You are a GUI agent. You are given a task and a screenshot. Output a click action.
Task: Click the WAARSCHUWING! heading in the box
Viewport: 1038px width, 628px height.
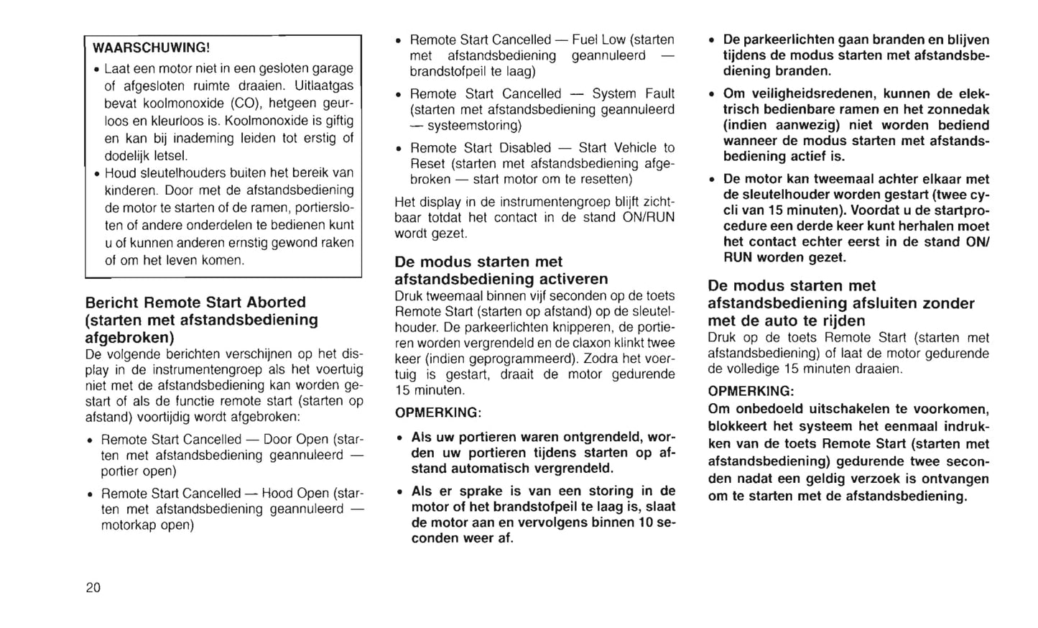click(x=151, y=48)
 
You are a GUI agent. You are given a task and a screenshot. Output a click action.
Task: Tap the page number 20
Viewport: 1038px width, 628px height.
click(x=93, y=588)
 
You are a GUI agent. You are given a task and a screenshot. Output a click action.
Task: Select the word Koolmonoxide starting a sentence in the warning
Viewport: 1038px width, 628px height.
click(x=262, y=120)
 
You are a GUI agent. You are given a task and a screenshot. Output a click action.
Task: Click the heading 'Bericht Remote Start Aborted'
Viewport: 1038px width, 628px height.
click(x=195, y=303)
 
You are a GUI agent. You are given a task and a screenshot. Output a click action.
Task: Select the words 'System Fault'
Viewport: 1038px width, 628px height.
click(x=633, y=94)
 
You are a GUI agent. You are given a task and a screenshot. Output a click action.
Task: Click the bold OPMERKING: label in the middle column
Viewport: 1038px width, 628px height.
click(x=437, y=413)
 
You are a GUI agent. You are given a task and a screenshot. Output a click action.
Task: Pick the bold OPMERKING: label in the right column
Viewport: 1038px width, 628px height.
click(x=751, y=392)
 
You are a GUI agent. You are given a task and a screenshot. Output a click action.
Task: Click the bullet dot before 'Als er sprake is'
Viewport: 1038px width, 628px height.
click(x=400, y=492)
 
